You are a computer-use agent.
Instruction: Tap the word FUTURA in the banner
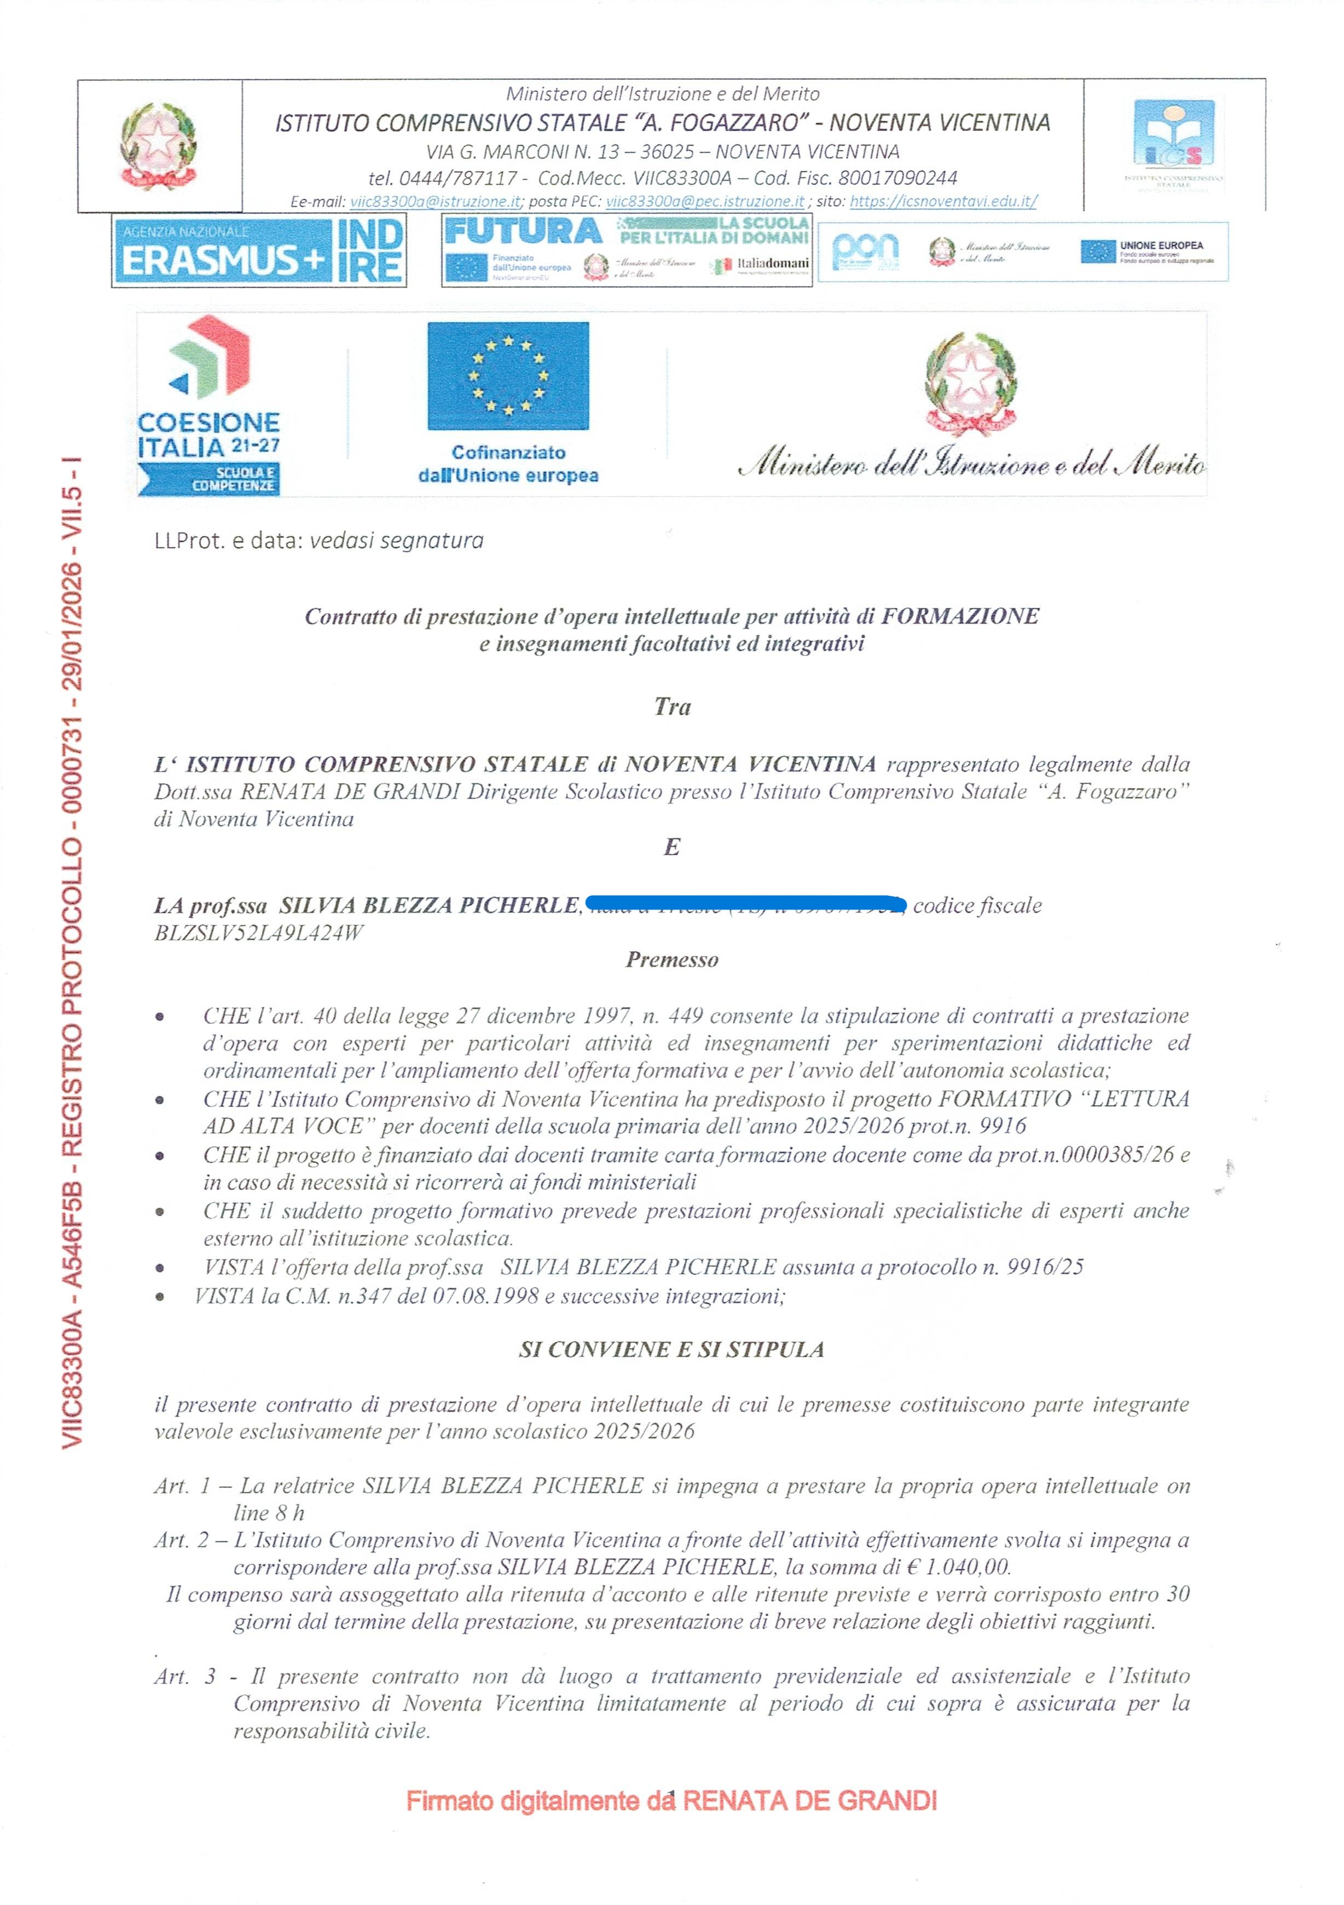(x=523, y=231)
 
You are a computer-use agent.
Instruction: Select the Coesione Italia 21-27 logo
(x=209, y=406)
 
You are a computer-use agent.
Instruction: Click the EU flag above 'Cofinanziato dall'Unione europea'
(x=508, y=376)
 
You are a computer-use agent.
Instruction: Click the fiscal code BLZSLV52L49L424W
(x=259, y=933)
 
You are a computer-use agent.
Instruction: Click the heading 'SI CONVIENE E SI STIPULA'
(x=671, y=1349)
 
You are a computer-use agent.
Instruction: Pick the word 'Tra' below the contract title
(x=671, y=707)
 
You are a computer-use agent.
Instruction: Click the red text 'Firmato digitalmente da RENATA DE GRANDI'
(x=671, y=1801)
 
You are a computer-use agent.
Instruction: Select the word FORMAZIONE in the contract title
(x=960, y=616)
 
